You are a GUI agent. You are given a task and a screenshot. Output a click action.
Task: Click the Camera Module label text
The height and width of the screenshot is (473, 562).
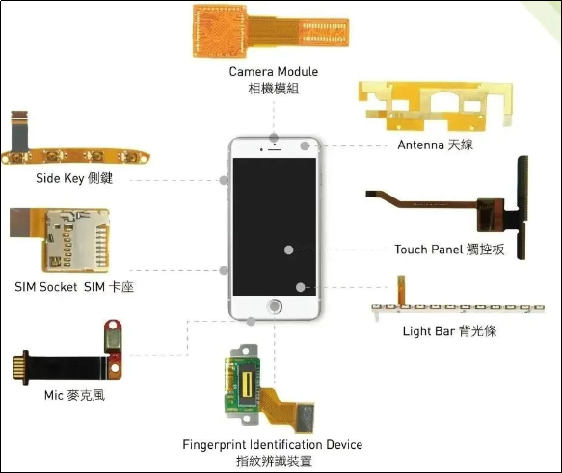[274, 80]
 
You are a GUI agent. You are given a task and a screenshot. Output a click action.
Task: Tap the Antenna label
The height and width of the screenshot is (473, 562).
[435, 145]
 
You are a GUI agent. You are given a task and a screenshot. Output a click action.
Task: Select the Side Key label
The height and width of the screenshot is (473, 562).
[74, 178]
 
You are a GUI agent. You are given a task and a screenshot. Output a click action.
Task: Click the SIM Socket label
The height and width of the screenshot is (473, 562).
[74, 287]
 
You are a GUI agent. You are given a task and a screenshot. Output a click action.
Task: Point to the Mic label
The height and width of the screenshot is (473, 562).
[74, 395]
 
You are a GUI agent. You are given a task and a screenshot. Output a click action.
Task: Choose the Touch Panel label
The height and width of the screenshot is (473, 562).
[449, 250]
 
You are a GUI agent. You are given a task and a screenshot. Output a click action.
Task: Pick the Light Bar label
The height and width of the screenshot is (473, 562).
[449, 330]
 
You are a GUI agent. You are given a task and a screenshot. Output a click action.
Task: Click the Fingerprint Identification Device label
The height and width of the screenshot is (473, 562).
[273, 453]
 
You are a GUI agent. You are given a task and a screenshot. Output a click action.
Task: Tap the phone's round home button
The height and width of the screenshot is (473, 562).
[275, 307]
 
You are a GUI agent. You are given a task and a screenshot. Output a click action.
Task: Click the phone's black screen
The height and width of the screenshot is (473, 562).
[275, 226]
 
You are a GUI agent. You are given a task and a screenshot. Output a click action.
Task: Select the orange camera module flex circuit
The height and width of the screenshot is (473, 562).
[271, 31]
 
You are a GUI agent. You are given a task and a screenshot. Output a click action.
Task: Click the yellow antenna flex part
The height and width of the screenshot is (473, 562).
[436, 106]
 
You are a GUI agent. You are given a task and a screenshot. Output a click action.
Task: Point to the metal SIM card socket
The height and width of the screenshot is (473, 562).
[76, 240]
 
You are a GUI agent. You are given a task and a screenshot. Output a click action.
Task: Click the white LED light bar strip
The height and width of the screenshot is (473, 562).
[458, 308]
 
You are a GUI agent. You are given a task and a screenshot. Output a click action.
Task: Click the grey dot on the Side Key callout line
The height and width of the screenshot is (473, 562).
[224, 180]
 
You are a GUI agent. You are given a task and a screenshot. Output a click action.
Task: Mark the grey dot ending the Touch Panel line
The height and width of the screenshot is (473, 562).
[288, 250]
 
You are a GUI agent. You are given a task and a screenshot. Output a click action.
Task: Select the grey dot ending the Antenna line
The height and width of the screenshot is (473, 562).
[305, 145]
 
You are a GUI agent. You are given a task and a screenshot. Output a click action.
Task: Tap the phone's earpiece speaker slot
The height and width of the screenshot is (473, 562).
[275, 149]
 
